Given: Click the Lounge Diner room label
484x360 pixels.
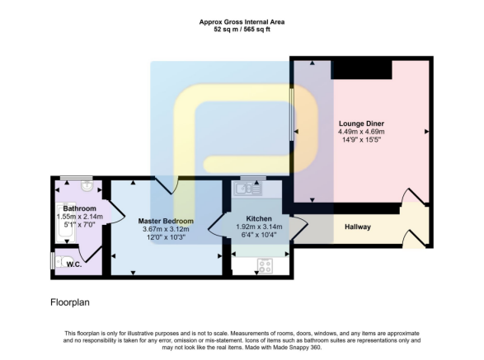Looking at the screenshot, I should click(362, 123).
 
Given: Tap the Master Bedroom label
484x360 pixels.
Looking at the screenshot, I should click(167, 221).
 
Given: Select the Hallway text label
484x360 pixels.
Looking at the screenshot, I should click(357, 227).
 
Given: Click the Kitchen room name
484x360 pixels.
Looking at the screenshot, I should click(247, 218).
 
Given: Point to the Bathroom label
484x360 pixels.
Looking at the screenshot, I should click(80, 208).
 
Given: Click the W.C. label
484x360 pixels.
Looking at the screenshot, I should click(73, 264).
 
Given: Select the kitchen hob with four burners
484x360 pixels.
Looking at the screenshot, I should click(266, 265).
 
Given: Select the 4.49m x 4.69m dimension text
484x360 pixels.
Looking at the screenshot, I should click(362, 131).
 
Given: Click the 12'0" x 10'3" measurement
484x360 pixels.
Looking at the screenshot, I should click(167, 237).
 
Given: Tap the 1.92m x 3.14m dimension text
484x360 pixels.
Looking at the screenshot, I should click(247, 227).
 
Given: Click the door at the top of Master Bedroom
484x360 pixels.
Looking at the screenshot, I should click(169, 185).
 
